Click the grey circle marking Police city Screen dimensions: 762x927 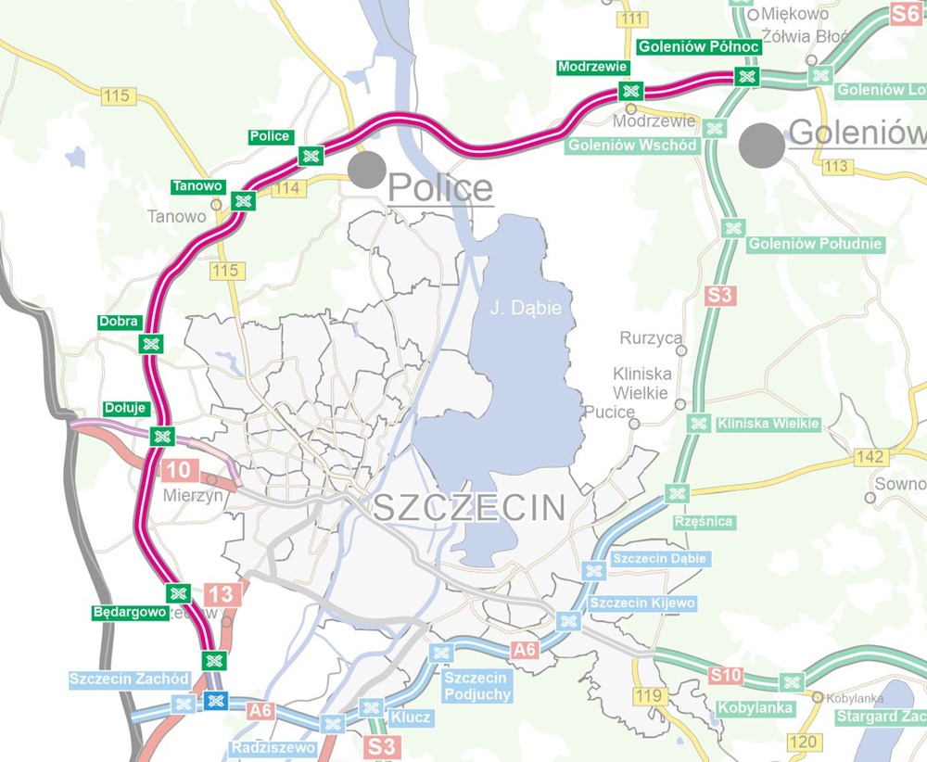(x=367, y=170)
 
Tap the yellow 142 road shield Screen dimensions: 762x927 (x=871, y=457)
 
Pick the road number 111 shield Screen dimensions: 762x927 (x=633, y=19)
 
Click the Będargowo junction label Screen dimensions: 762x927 (x=129, y=613)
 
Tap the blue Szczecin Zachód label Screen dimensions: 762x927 (x=130, y=679)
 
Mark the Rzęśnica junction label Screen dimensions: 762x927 (x=704, y=521)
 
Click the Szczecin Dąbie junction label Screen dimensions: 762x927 (x=660, y=559)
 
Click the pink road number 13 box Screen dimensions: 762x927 (x=222, y=595)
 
